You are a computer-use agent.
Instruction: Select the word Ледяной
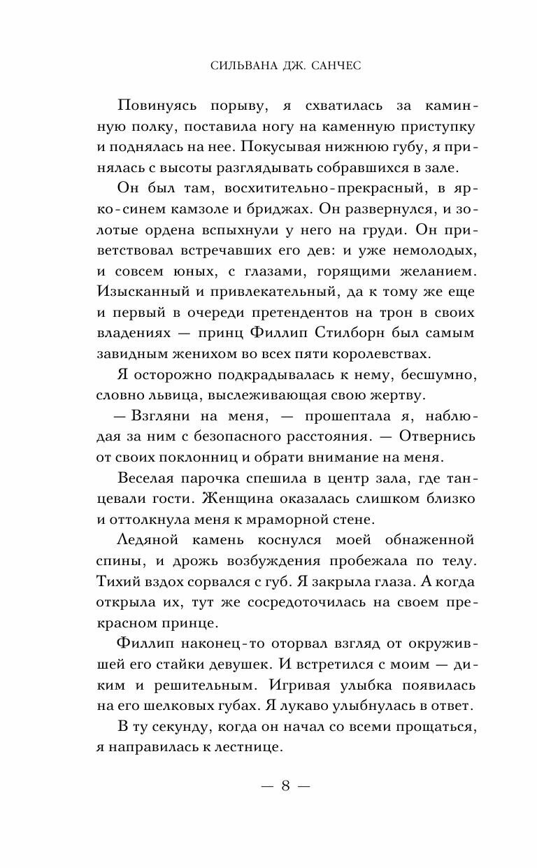pyautogui.click(x=154, y=540)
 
